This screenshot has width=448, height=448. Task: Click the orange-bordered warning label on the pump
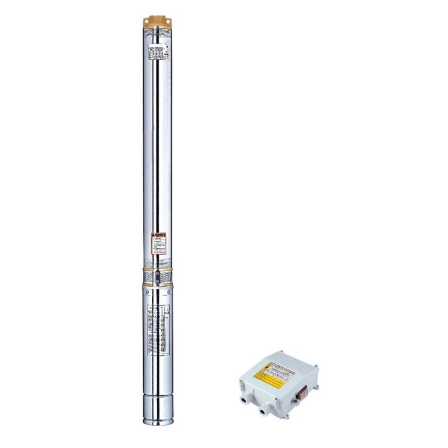point(159,243)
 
